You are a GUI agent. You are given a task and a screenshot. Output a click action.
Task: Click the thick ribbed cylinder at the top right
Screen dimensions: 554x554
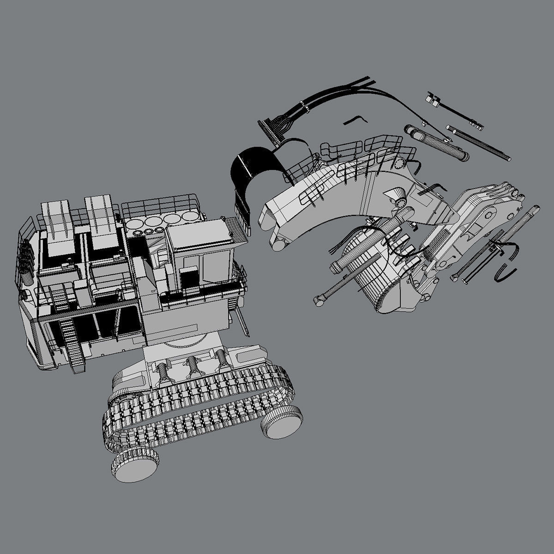(x=436, y=143)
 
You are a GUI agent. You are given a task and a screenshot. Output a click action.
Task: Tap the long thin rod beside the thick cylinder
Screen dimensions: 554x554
(x=480, y=143)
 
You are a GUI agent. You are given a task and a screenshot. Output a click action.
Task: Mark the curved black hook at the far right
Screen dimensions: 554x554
(x=506, y=273)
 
